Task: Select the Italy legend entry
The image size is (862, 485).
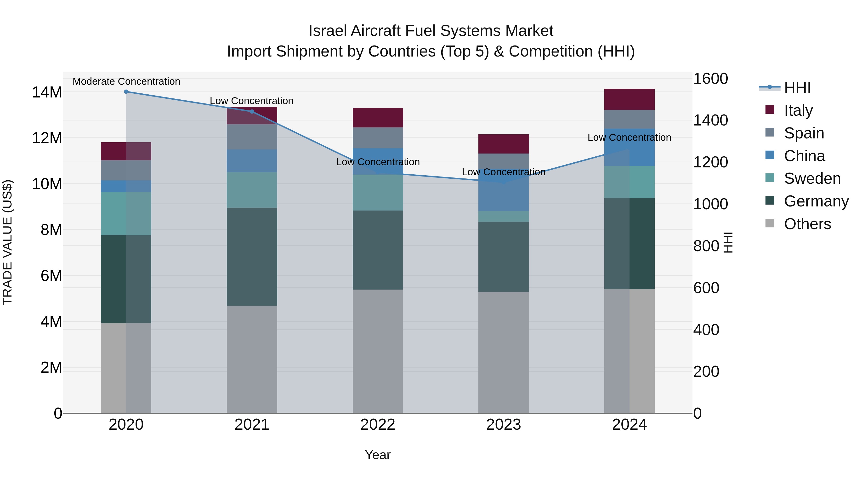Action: point(798,110)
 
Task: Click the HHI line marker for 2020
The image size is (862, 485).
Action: point(126,92)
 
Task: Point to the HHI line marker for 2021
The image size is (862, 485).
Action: point(252,112)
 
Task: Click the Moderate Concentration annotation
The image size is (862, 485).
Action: point(126,82)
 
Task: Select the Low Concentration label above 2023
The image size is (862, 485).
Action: point(503,172)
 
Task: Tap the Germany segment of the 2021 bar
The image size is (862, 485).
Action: point(252,257)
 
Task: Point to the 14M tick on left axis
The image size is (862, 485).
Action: point(47,92)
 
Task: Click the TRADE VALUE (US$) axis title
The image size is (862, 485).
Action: point(7,242)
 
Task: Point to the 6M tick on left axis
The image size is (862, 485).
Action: point(51,276)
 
